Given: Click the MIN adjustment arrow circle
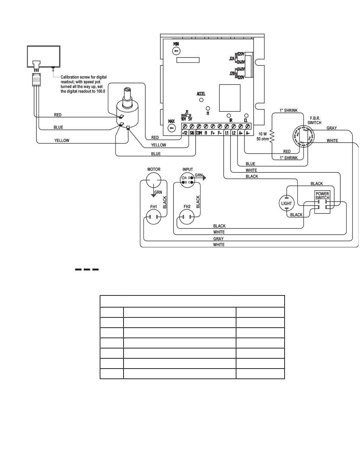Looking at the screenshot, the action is click(x=176, y=51).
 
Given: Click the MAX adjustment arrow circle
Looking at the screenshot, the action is click(x=171, y=128).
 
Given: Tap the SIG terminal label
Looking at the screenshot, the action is click(x=192, y=133).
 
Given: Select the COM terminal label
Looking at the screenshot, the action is click(x=199, y=133).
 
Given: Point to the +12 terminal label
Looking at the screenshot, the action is click(x=185, y=133).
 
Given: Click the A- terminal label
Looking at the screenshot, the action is click(x=248, y=133).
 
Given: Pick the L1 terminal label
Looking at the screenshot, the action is click(x=227, y=133).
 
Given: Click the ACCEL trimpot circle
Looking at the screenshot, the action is click(x=201, y=100).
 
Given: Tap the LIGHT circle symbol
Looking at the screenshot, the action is click(x=286, y=203).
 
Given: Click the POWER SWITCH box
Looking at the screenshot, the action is click(x=322, y=202).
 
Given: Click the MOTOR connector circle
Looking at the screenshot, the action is click(x=153, y=180).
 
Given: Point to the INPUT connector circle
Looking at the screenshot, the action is click(x=187, y=180).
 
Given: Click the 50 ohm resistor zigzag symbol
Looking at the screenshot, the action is click(x=272, y=136).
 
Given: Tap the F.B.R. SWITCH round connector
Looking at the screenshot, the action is click(x=303, y=136).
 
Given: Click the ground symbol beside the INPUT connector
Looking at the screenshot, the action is click(x=204, y=178).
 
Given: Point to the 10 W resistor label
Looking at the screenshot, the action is click(x=262, y=134).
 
